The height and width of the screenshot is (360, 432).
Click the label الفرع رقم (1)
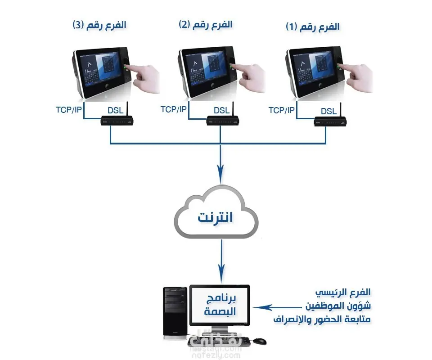(x=312, y=27)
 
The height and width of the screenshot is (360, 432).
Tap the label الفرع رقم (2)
(x=206, y=24)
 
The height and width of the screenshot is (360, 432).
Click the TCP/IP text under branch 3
(x=69, y=109)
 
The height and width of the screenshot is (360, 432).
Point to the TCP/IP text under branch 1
(x=282, y=110)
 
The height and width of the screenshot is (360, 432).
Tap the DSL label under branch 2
(x=221, y=110)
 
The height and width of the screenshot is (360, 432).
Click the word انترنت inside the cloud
(x=216, y=217)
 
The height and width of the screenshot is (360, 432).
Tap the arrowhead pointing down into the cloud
(x=220, y=171)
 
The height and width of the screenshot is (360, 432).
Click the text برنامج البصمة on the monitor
(x=219, y=305)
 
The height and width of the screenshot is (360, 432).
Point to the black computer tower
(x=175, y=313)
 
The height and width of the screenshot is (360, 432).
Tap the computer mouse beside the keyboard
(x=259, y=341)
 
